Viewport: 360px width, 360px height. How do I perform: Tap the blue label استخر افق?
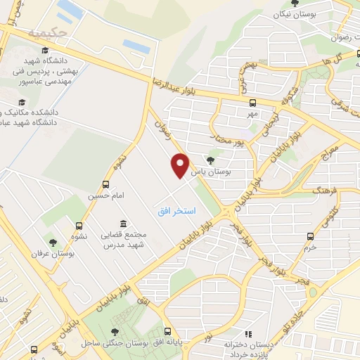click(x=176, y=211)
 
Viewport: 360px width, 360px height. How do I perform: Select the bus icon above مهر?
click(x=252, y=102)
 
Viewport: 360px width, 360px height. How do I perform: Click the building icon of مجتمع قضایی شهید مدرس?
click(x=123, y=224)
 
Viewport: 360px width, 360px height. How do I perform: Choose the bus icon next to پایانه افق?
click(x=167, y=331)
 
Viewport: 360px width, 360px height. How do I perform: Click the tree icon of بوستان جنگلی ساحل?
click(x=115, y=332)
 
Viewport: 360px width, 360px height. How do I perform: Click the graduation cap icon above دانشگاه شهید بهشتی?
click(x=46, y=51)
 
